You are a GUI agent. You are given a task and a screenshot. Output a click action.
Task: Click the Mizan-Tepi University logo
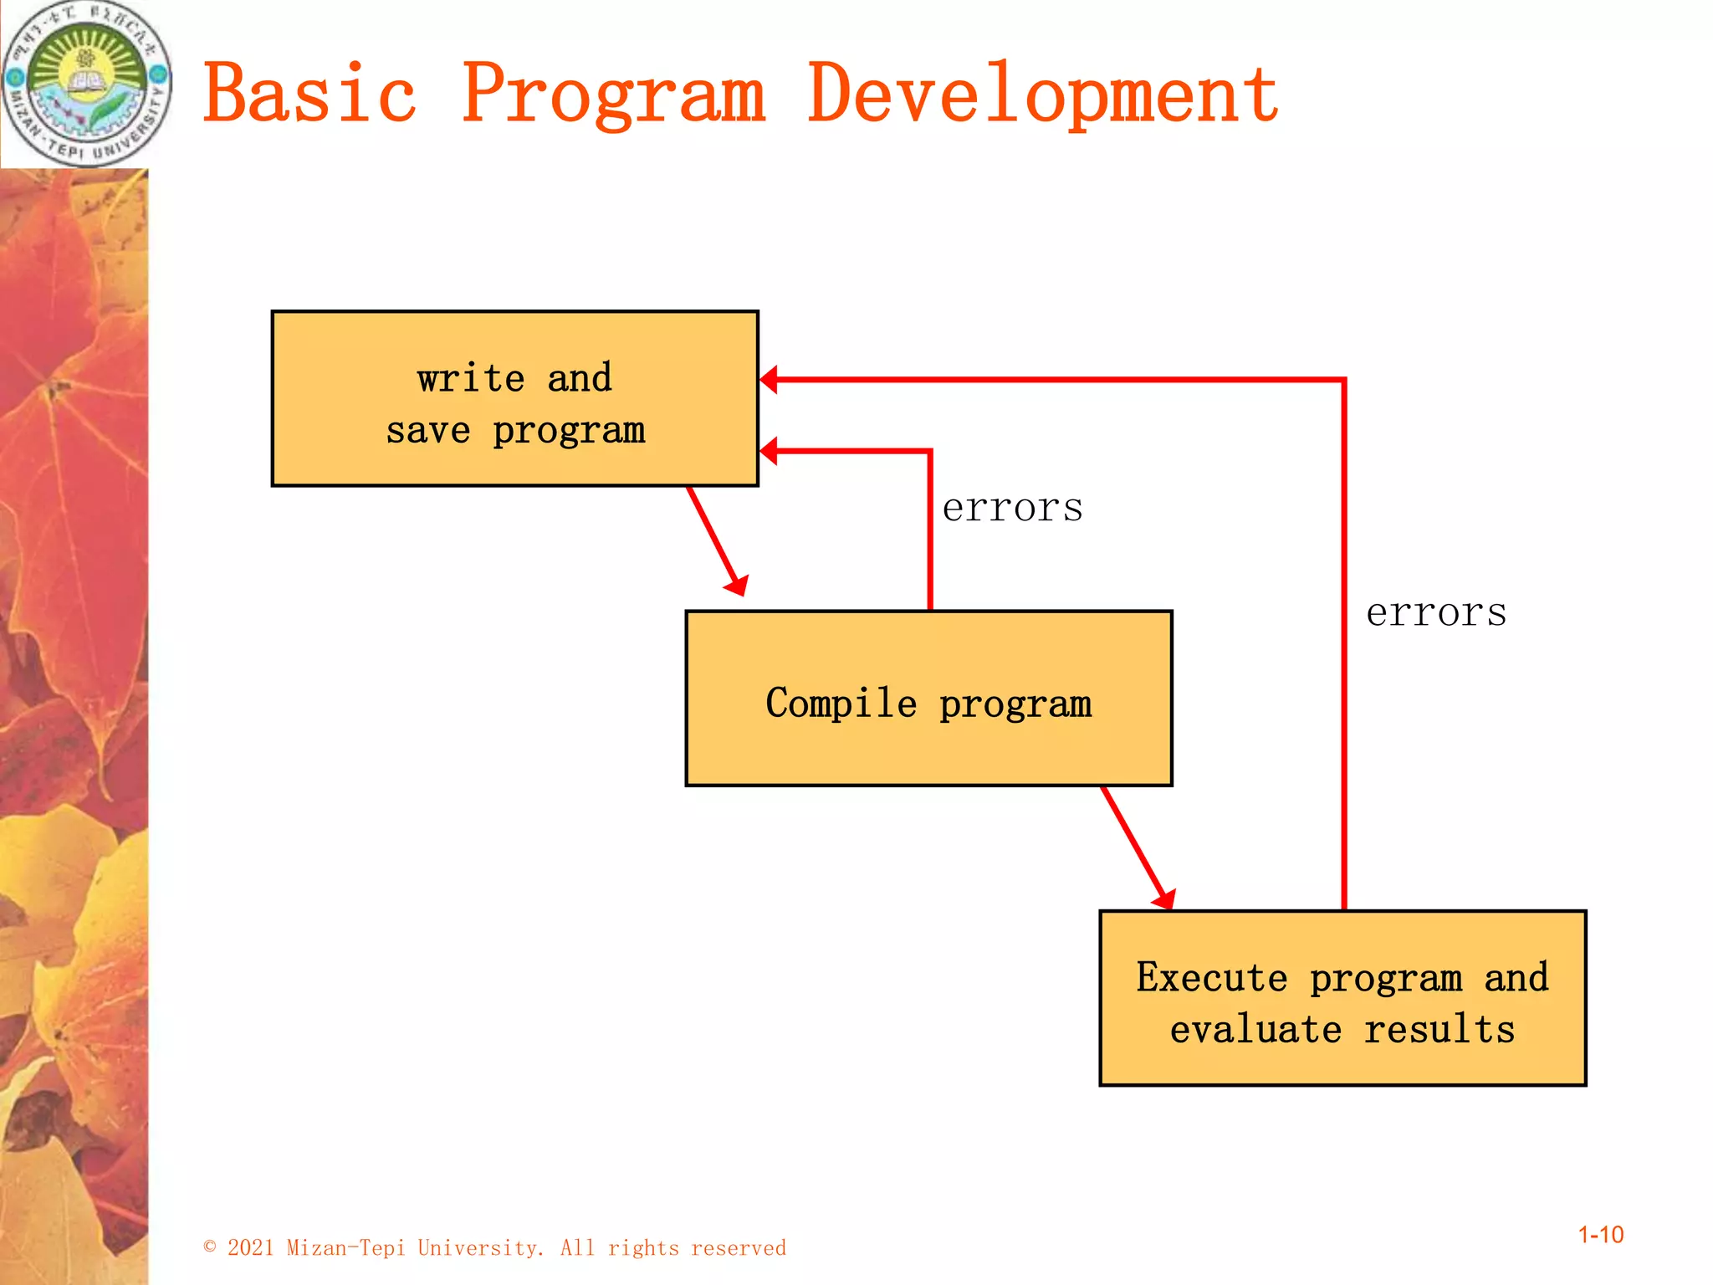point(86,84)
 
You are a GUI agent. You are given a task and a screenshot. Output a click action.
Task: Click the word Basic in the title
point(309,94)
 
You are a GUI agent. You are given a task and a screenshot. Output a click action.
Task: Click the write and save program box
point(514,398)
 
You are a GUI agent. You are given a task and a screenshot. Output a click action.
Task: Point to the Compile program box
point(928,699)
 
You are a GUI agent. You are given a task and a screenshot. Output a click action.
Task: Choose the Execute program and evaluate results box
point(1342,998)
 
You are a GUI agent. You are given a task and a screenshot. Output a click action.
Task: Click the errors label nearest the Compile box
point(1012,508)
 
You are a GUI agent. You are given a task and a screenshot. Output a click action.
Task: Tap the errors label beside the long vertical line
point(1436,612)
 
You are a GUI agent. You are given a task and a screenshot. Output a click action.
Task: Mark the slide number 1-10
point(1600,1235)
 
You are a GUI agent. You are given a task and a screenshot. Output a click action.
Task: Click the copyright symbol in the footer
point(210,1247)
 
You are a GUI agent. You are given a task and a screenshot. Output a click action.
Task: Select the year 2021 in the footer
point(251,1248)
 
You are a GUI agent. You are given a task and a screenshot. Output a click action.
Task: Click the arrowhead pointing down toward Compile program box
point(737,586)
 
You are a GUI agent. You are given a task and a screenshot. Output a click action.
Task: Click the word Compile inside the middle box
point(841,703)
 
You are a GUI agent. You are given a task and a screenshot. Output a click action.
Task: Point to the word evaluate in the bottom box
point(1255,1029)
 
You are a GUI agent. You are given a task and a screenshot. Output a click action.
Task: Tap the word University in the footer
point(481,1248)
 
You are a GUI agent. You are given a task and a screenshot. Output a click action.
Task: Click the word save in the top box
point(427,432)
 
